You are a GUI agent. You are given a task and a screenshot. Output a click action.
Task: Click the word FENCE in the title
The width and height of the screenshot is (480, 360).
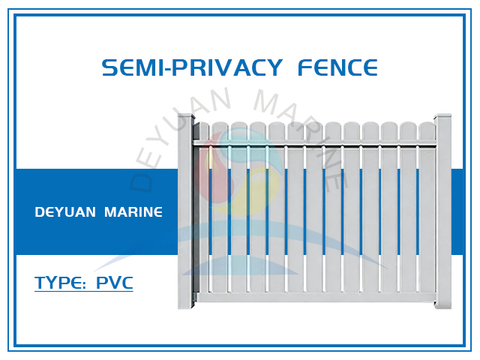click(337, 68)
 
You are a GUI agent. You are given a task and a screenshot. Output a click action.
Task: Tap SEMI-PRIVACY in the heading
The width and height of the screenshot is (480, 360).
click(189, 68)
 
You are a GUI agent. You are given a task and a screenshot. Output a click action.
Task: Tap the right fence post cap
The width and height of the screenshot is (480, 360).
click(443, 117)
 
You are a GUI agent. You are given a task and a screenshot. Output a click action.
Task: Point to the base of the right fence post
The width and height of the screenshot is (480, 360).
click(443, 303)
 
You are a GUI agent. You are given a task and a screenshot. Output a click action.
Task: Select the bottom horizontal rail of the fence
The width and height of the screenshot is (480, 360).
click(315, 297)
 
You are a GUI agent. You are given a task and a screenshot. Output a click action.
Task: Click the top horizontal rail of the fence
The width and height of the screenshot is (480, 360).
click(315, 142)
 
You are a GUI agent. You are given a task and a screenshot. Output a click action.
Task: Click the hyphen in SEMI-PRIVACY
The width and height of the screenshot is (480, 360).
click(169, 69)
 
